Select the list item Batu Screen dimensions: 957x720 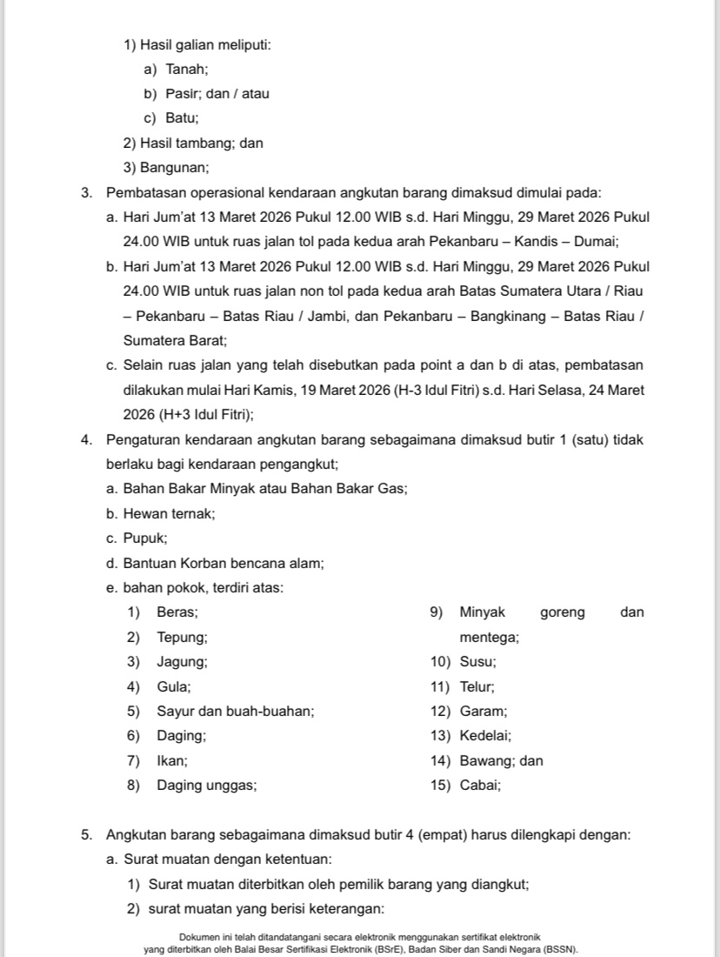click(x=181, y=117)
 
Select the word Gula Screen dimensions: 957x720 click(x=173, y=686)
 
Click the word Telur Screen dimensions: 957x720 click(x=477, y=686)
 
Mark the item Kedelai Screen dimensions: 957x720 click(x=484, y=736)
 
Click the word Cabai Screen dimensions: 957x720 click(x=479, y=786)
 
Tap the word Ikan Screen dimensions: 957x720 click(x=171, y=761)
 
